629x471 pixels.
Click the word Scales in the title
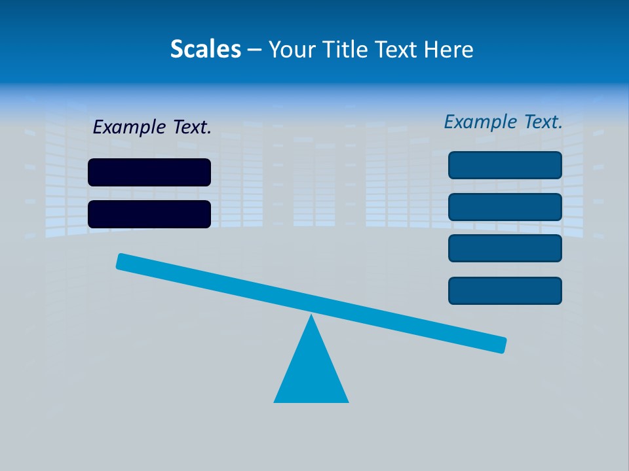[x=206, y=49]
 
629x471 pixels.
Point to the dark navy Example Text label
[x=152, y=127]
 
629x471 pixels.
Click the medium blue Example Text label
[x=503, y=122]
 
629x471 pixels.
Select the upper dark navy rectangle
[x=149, y=172]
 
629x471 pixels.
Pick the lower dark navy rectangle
[x=149, y=214]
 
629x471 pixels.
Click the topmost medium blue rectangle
[x=505, y=165]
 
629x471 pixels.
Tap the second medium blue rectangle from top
[x=505, y=207]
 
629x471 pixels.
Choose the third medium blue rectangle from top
[x=505, y=249]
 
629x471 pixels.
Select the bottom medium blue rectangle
[x=505, y=290]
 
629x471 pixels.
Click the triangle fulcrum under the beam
[x=311, y=373]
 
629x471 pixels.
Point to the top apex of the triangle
[x=311, y=316]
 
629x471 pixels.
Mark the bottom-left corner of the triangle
[x=275, y=401]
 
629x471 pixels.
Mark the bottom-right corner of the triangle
[x=347, y=401]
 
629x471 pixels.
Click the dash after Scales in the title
[x=254, y=50]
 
